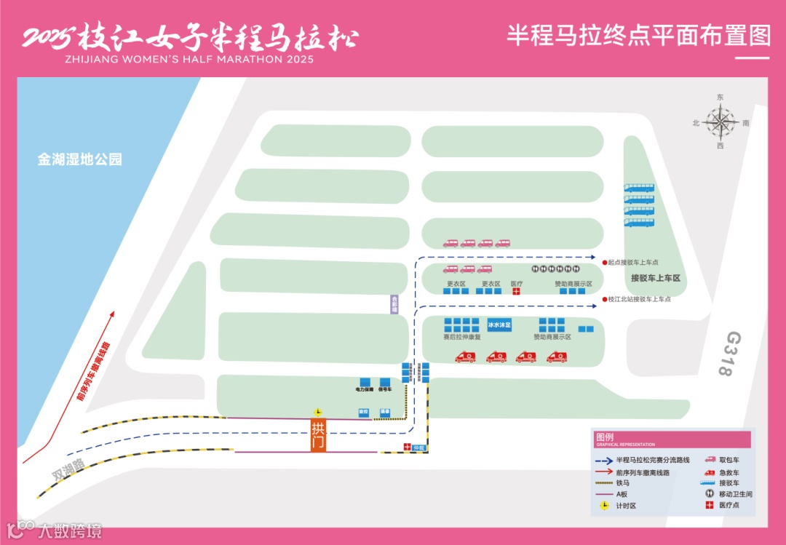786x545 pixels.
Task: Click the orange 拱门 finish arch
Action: pyautogui.click(x=318, y=435)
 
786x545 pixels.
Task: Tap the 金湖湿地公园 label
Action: pyautogui.click(x=80, y=159)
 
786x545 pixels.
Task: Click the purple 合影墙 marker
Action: pyautogui.click(x=394, y=303)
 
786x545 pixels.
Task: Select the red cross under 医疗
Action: pyautogui.click(x=516, y=292)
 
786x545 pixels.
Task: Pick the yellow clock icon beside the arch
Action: pyautogui.click(x=317, y=413)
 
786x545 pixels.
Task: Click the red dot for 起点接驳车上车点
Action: pyautogui.click(x=605, y=262)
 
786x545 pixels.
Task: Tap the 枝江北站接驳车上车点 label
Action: pyautogui.click(x=639, y=299)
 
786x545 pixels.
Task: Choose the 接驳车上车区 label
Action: pyautogui.click(x=655, y=278)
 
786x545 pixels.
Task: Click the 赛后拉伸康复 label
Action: pyautogui.click(x=462, y=338)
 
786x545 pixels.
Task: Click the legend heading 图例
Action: pyautogui.click(x=605, y=437)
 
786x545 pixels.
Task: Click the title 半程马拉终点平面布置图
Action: pyautogui.click(x=638, y=36)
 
